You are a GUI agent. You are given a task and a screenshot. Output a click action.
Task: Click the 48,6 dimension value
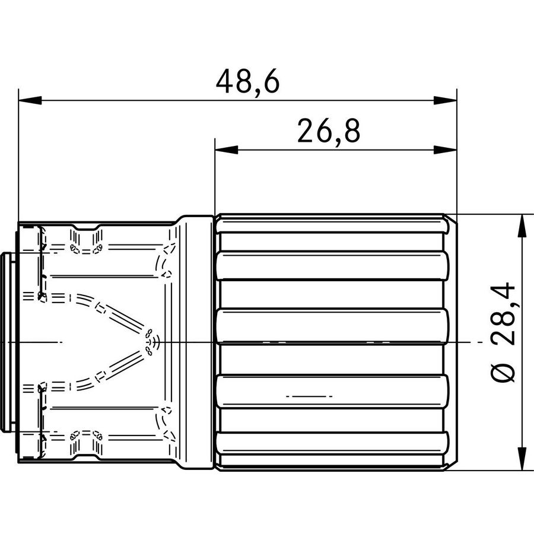pos(247,81)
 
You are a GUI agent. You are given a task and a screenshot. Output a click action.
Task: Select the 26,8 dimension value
pos(329,131)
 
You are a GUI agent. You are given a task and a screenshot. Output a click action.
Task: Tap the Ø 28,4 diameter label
pos(503,332)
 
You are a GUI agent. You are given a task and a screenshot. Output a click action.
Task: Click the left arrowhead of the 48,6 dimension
pos(30,100)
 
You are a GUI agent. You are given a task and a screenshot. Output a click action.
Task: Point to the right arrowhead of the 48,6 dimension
pos(445,100)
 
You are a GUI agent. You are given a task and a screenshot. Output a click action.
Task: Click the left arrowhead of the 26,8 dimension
pos(227,150)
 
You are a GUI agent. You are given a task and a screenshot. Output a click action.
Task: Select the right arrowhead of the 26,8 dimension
pos(445,150)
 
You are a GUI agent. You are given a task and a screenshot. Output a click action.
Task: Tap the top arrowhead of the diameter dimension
pos(522,225)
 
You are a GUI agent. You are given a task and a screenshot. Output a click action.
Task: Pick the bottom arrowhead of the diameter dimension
pos(522,459)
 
